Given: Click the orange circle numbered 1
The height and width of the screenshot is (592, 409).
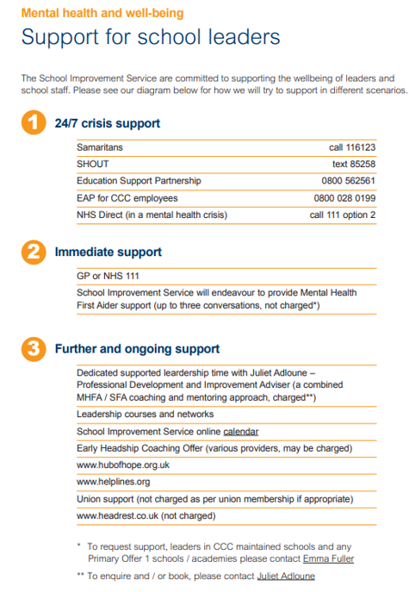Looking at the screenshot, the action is (32, 123).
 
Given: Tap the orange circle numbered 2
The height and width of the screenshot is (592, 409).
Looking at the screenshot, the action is (32, 252).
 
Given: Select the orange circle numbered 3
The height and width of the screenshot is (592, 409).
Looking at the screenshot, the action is (32, 349).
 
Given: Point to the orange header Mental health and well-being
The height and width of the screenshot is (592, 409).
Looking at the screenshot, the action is (102, 14).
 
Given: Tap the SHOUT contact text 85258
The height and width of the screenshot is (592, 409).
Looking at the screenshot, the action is (353, 165).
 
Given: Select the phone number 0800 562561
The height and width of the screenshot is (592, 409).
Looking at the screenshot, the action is (344, 181).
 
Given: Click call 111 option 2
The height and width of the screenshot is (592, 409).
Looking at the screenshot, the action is (342, 215).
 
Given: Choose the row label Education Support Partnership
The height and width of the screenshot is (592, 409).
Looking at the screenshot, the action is (139, 181).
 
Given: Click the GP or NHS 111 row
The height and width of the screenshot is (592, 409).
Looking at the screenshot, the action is (108, 277).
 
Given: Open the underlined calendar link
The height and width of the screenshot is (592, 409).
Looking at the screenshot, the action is (240, 432).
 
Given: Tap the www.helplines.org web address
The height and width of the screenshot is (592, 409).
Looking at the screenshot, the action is (113, 482).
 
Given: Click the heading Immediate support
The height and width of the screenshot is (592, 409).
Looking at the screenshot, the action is (108, 252).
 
